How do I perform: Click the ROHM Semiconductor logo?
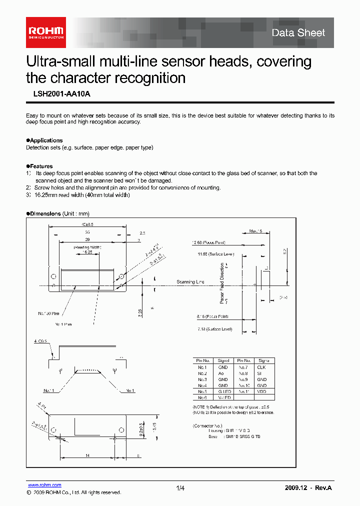pos(45,31)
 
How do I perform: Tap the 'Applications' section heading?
pos(46,140)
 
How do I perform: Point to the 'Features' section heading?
pos(41,166)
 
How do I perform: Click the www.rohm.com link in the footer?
pos(44,485)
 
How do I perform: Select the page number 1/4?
pos(180,488)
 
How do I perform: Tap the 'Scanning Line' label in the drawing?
pos(190,282)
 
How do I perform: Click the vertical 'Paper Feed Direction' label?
pos(222,283)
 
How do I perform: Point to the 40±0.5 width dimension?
pos(88,225)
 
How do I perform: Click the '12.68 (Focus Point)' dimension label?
pos(208,242)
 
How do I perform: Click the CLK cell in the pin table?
pos(261,367)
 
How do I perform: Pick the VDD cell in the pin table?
pos(261,391)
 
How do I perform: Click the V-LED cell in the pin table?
pos(223,397)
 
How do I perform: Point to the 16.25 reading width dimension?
pos(88,252)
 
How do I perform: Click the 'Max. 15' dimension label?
pos(255,231)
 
